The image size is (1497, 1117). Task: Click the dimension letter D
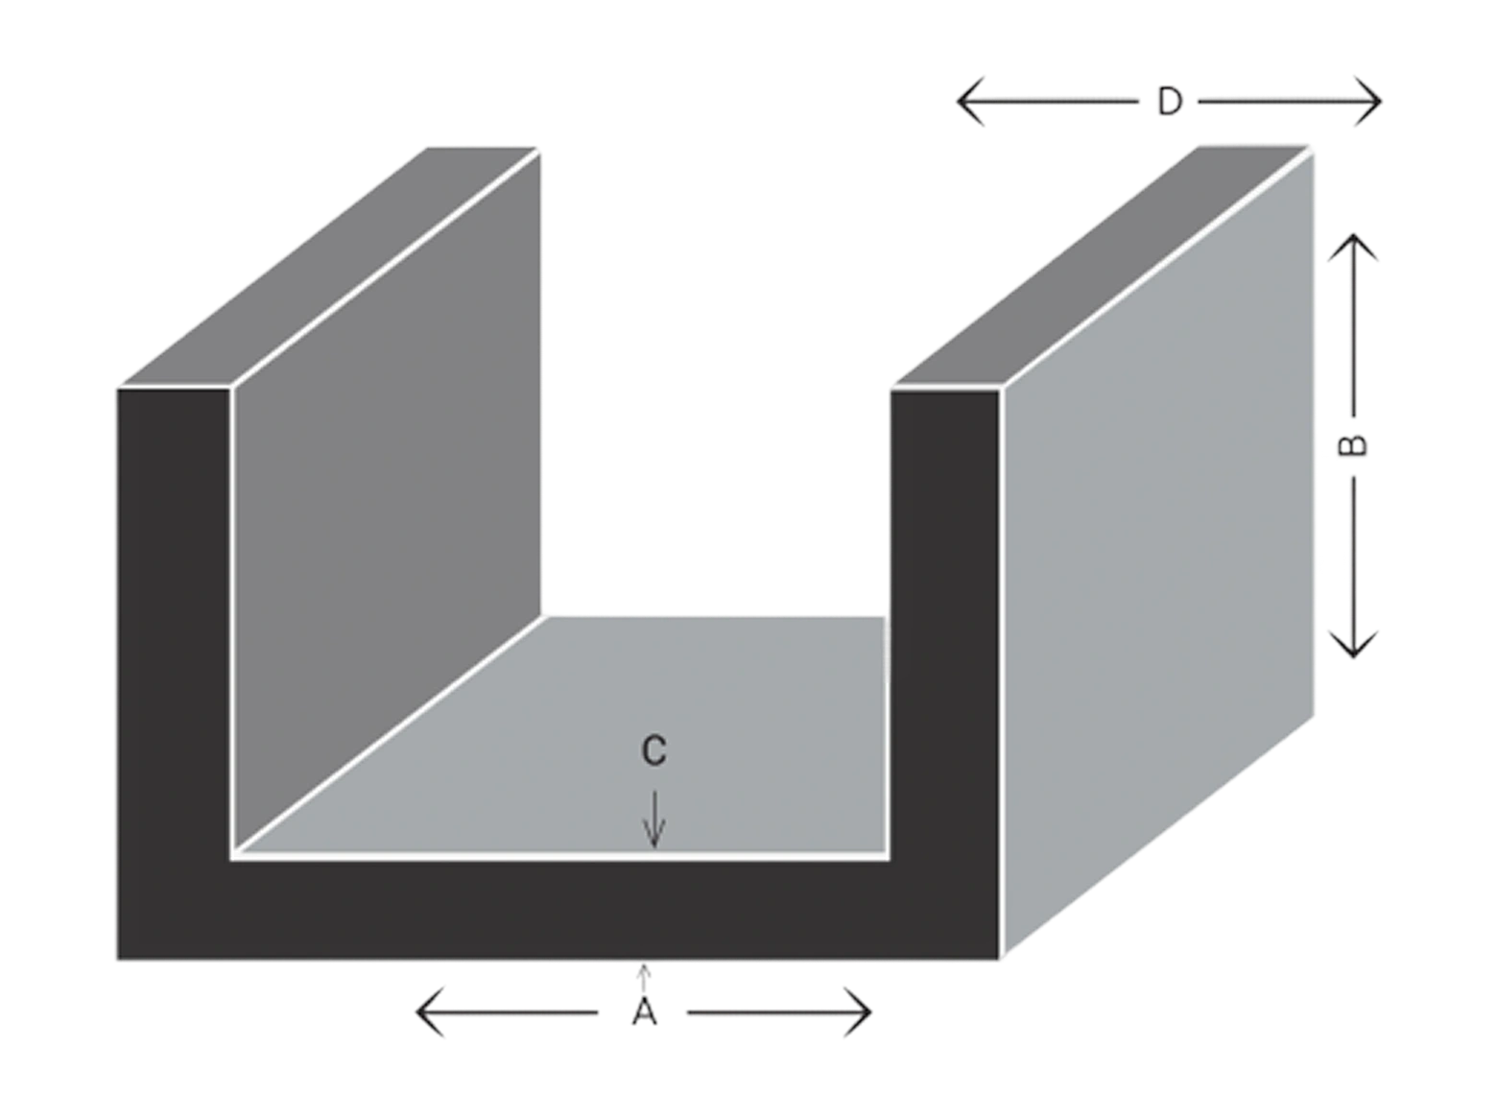click(x=1169, y=103)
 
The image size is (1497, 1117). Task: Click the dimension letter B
click(x=1353, y=445)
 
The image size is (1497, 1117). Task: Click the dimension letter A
click(x=644, y=1012)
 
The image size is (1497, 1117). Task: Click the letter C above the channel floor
click(x=653, y=750)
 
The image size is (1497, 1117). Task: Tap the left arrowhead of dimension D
click(x=970, y=102)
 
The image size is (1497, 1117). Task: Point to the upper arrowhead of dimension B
click(x=1353, y=247)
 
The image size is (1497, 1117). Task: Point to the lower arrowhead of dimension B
click(x=1353, y=644)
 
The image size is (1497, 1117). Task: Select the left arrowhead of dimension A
click(x=430, y=1012)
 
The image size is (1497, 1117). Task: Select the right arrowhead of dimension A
click(x=858, y=1012)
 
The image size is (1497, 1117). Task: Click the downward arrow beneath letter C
click(x=654, y=819)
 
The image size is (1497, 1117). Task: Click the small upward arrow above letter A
click(x=643, y=977)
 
